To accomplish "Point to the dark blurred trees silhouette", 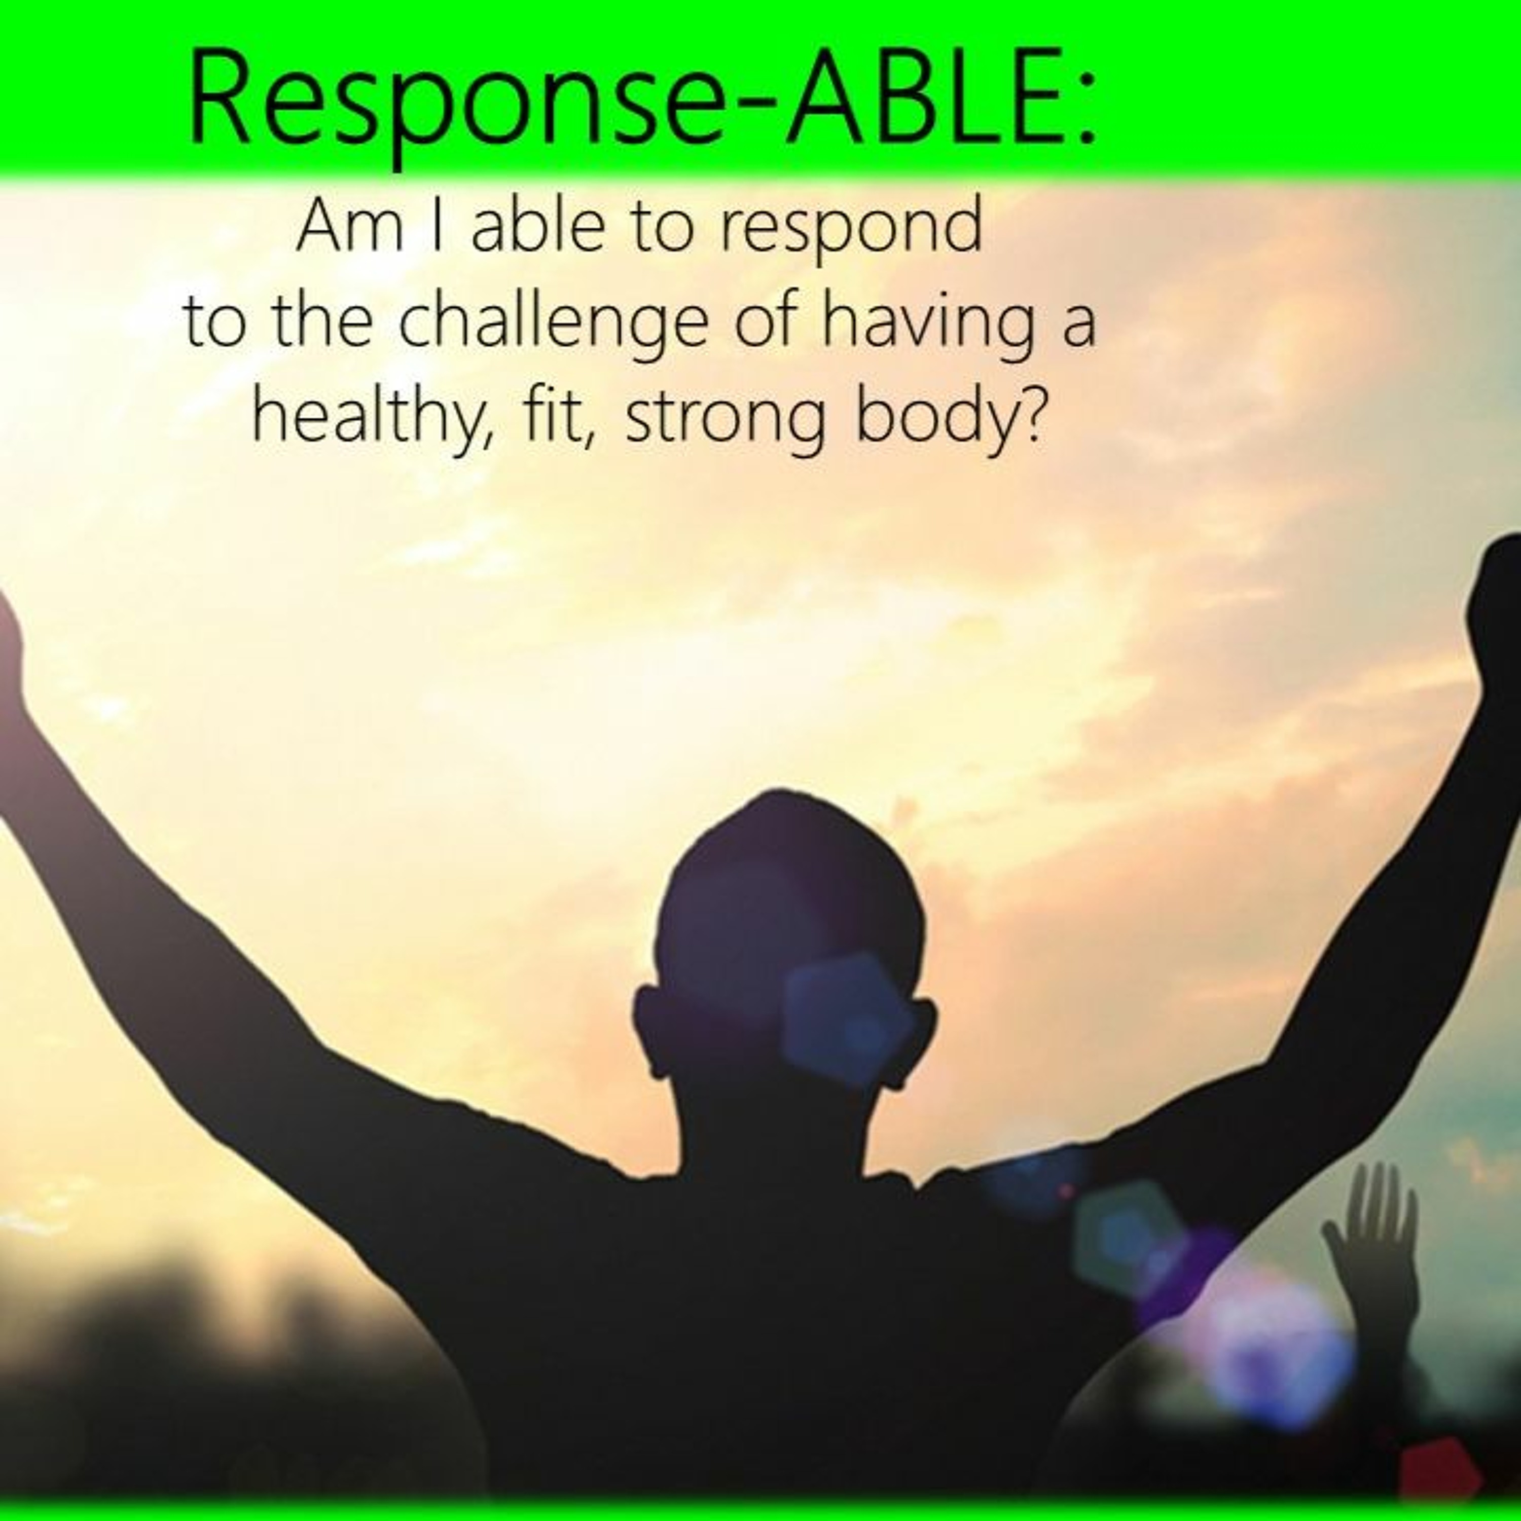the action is click(197, 1386).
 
